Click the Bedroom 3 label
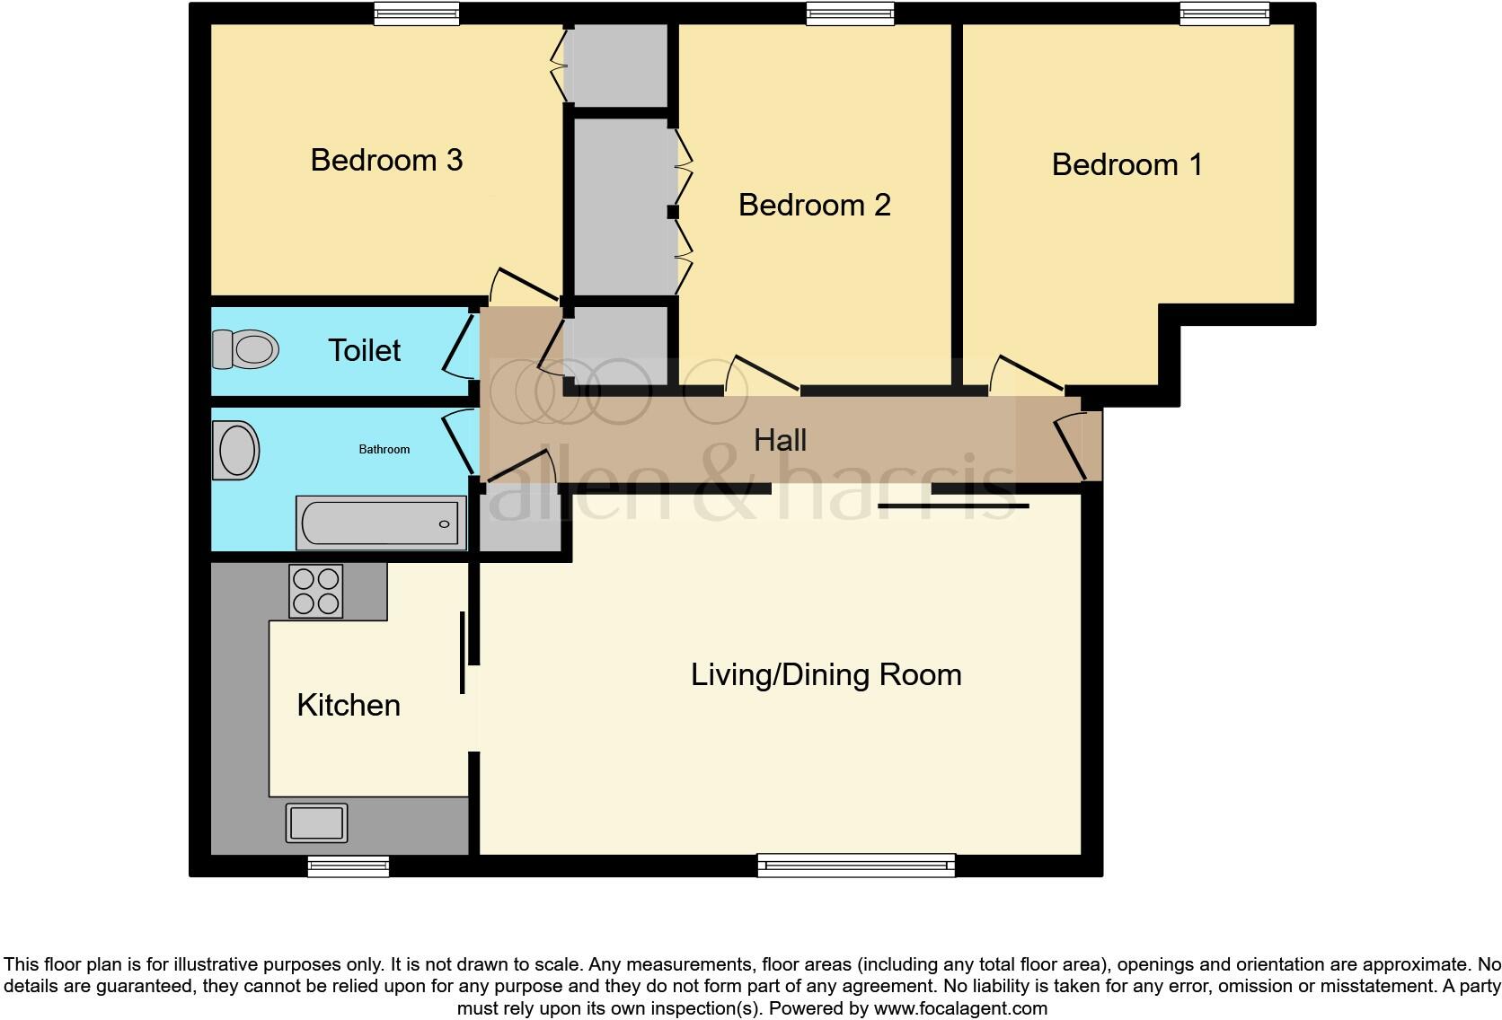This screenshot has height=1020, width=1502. pyautogui.click(x=386, y=160)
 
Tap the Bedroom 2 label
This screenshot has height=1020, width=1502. pyautogui.click(x=814, y=205)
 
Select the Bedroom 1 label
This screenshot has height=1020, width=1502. pyautogui.click(x=1126, y=164)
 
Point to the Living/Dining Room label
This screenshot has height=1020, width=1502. pyautogui.click(x=826, y=674)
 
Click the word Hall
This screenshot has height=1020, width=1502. pyautogui.click(x=780, y=440)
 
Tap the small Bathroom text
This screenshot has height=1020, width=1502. pyautogui.click(x=384, y=449)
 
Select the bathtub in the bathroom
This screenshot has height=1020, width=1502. pyautogui.click(x=381, y=523)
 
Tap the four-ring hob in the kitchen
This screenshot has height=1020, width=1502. pyautogui.click(x=315, y=591)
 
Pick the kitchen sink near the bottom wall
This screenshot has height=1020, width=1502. pyautogui.click(x=316, y=822)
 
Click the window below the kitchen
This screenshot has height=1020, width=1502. pyautogui.click(x=349, y=866)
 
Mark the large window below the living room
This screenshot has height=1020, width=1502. pyautogui.click(x=856, y=866)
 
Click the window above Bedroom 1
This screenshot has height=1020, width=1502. pyautogui.click(x=1224, y=13)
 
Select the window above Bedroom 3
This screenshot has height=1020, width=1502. pyautogui.click(x=417, y=13)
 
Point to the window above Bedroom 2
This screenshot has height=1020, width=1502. pyautogui.click(x=850, y=13)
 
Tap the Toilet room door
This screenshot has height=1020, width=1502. pyautogui.click(x=459, y=345)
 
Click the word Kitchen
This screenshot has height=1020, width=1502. pyautogui.click(x=349, y=705)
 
